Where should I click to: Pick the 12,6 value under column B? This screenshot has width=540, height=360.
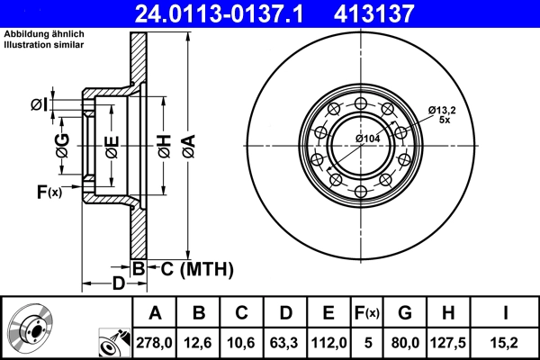(199, 341)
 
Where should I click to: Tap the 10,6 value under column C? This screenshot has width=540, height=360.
(242, 341)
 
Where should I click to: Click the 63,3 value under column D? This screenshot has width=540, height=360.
(285, 341)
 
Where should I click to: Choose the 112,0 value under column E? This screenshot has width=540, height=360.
(328, 341)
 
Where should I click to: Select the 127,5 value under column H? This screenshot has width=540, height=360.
(447, 341)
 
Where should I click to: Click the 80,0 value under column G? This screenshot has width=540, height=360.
(404, 341)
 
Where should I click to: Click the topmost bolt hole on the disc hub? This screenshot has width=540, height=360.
(360, 101)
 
